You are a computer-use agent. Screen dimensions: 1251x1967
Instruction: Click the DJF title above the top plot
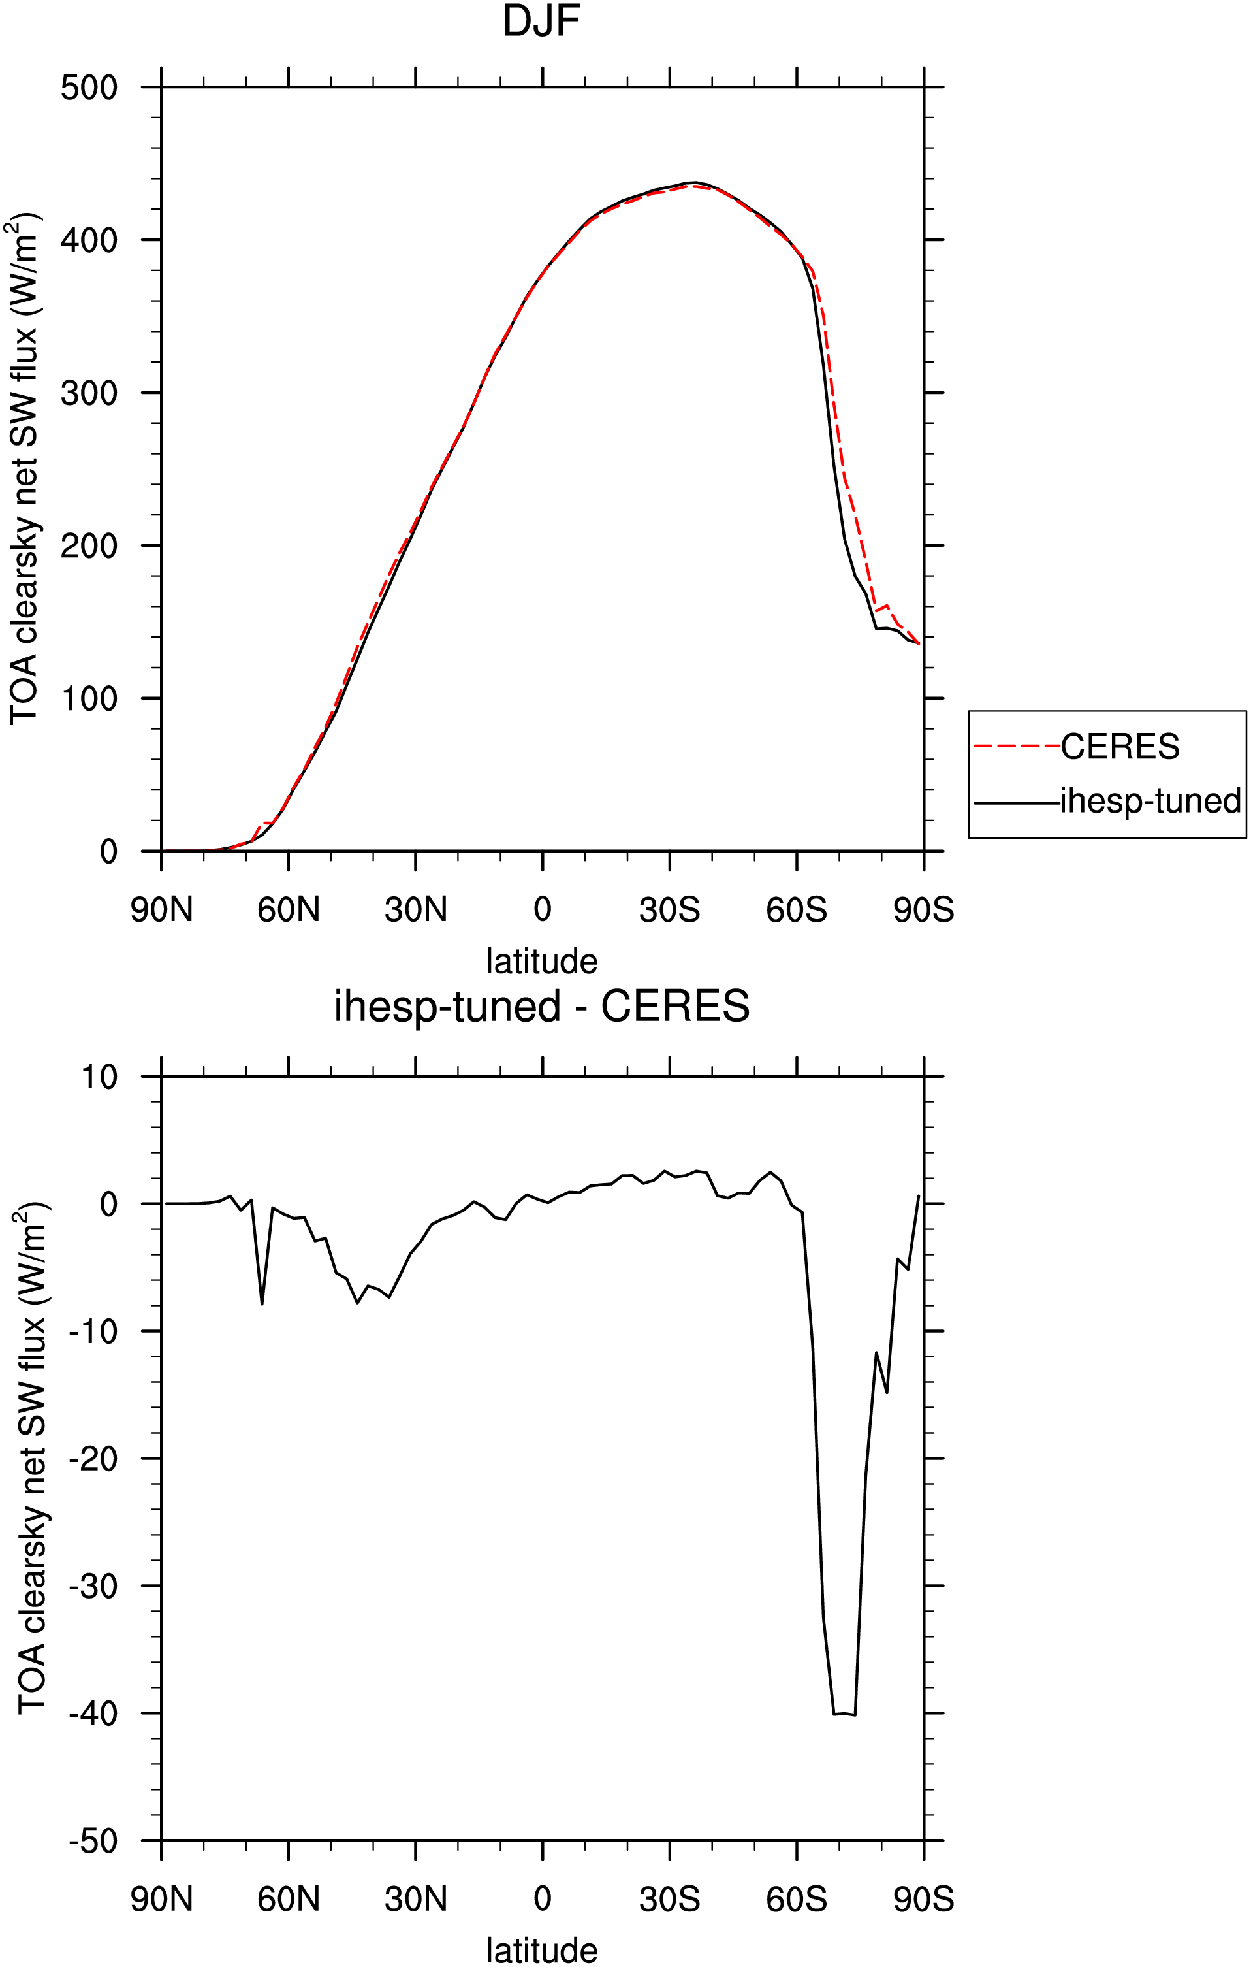[x=541, y=22]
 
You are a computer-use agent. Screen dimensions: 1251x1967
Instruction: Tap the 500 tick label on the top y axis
[x=89, y=88]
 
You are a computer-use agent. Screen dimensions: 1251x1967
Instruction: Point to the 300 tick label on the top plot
[x=89, y=393]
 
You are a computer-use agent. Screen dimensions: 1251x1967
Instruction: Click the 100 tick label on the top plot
[x=89, y=698]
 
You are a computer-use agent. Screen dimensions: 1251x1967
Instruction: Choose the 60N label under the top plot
[x=288, y=910]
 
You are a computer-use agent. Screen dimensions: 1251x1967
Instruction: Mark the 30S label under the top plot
[x=670, y=910]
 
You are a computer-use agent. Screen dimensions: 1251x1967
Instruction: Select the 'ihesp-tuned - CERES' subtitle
[x=541, y=1007]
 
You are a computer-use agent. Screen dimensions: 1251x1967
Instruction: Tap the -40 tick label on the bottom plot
[x=94, y=1714]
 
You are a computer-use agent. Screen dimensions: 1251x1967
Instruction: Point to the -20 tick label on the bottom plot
[x=94, y=1459]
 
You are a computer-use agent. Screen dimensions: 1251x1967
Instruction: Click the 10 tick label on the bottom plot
[x=100, y=1077]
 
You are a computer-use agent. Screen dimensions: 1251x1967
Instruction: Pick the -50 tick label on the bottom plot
[x=94, y=1841]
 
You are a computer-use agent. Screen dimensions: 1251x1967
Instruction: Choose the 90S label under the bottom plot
[x=923, y=1899]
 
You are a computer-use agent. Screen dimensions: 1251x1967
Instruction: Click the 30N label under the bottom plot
[x=416, y=1899]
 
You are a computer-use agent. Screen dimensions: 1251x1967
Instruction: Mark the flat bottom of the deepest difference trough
[x=844, y=1714]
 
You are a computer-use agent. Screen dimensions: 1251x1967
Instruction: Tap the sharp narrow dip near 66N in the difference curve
[x=262, y=1304]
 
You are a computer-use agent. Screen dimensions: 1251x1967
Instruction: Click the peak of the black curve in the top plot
[x=693, y=182]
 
